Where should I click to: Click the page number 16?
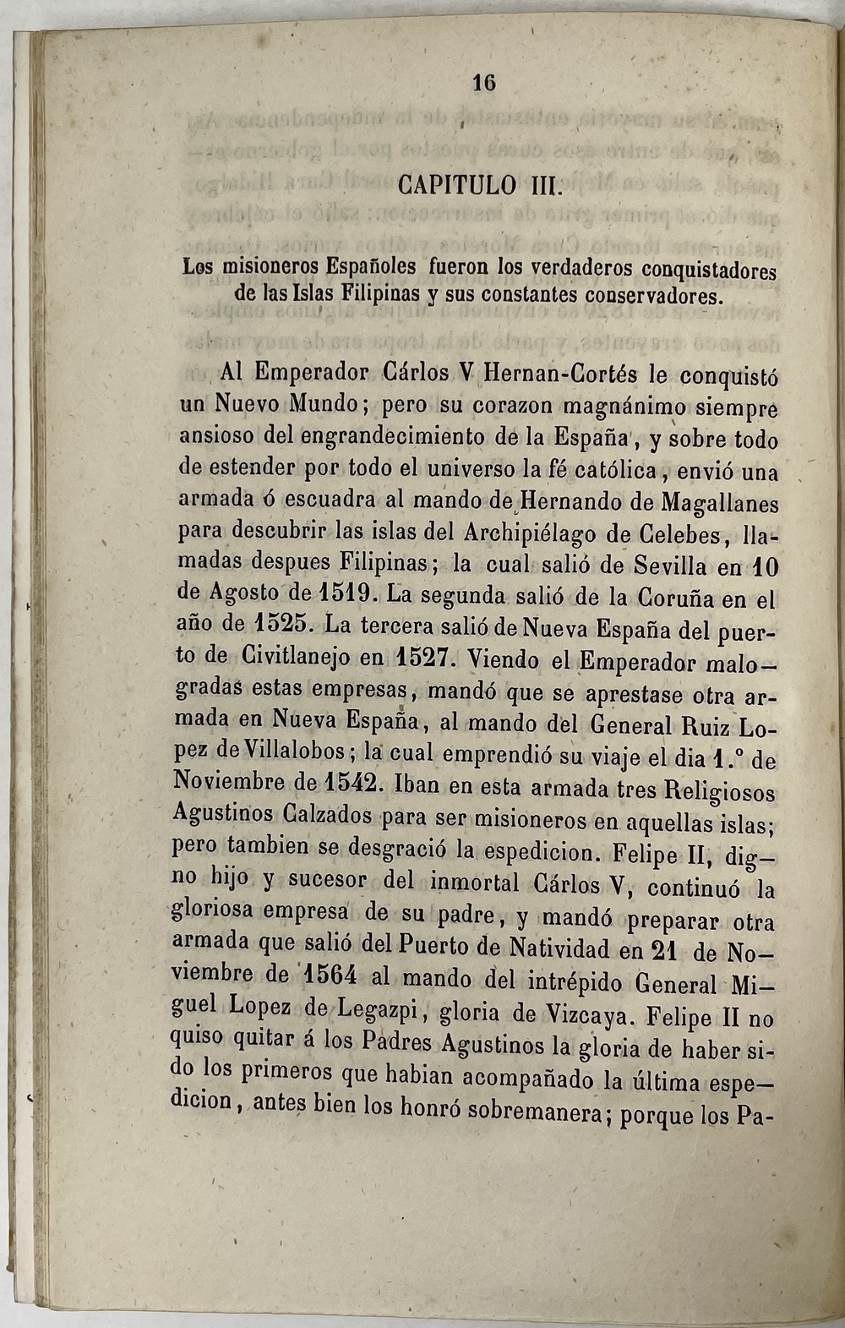[x=483, y=82]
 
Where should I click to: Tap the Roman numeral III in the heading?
[x=542, y=185]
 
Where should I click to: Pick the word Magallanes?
[x=720, y=504]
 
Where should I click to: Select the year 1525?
[x=280, y=625]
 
